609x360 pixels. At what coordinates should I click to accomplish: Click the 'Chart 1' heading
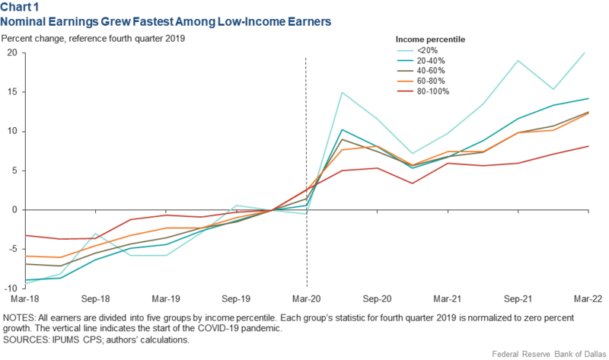coord(21,8)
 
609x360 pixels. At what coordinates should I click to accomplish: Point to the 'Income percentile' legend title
coord(430,39)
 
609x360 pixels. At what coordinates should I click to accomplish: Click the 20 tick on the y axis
coord(11,53)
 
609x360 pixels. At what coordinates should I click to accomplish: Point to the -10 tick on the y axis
coord(10,288)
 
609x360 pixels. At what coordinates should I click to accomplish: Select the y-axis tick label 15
coord(11,92)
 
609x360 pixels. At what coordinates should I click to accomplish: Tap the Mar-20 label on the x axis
coord(306,300)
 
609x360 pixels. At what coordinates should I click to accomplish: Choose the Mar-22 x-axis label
coord(586,300)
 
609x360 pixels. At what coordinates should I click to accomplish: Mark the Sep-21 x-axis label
coord(518,300)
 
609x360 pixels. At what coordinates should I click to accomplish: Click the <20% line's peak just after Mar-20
coord(342,93)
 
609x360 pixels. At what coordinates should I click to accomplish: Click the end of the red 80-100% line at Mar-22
coord(588,146)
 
